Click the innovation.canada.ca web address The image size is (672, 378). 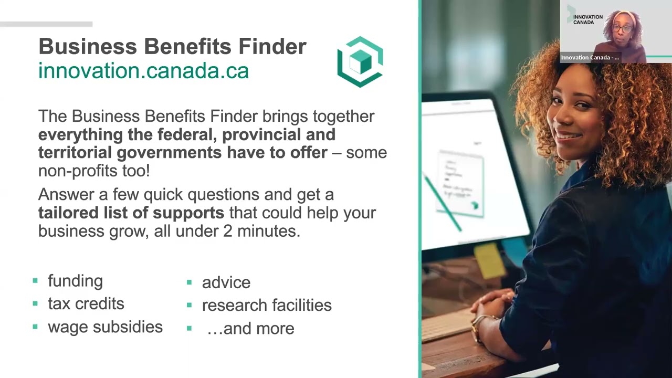pos(143,71)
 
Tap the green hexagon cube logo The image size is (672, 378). pos(360,61)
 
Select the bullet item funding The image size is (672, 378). pos(75,281)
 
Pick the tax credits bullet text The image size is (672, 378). pos(86,304)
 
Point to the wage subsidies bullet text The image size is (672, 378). pos(105,327)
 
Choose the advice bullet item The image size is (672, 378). pos(226,282)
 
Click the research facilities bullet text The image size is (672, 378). pos(267,305)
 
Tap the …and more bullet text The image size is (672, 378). pos(250,329)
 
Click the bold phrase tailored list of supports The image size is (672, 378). pos(131,213)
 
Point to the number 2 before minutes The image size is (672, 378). pos(227,231)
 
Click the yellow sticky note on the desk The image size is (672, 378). pos(489,260)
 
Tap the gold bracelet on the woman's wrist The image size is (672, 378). pos(478,326)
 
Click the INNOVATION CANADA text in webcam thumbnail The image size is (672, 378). pos(587,20)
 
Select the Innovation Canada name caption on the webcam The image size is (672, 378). pos(590,58)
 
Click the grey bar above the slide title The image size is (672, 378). pos(46,24)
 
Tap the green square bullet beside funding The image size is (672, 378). pos(35,281)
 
